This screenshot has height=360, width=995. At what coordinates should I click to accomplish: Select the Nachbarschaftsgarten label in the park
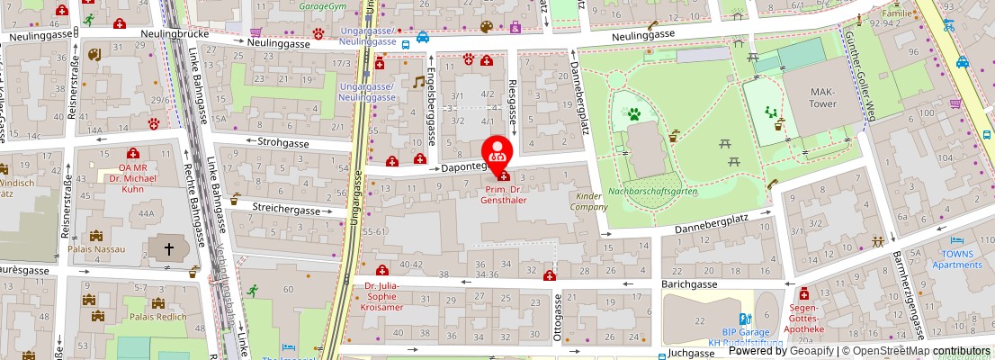652,191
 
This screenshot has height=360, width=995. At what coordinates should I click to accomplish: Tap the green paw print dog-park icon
633,115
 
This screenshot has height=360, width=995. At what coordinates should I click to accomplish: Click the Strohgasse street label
283,142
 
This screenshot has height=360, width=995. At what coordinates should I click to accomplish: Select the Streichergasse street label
287,210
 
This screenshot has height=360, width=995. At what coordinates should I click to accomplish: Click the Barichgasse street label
689,283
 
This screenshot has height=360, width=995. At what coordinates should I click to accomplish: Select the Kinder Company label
587,201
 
